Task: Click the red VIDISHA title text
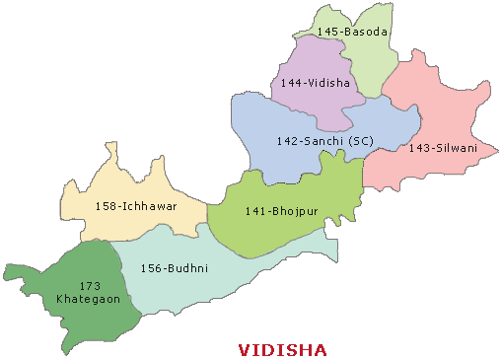point(284,349)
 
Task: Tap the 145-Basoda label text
point(353,33)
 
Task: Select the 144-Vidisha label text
point(315,83)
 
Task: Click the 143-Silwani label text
point(442,148)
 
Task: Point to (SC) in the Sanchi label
point(360,141)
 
